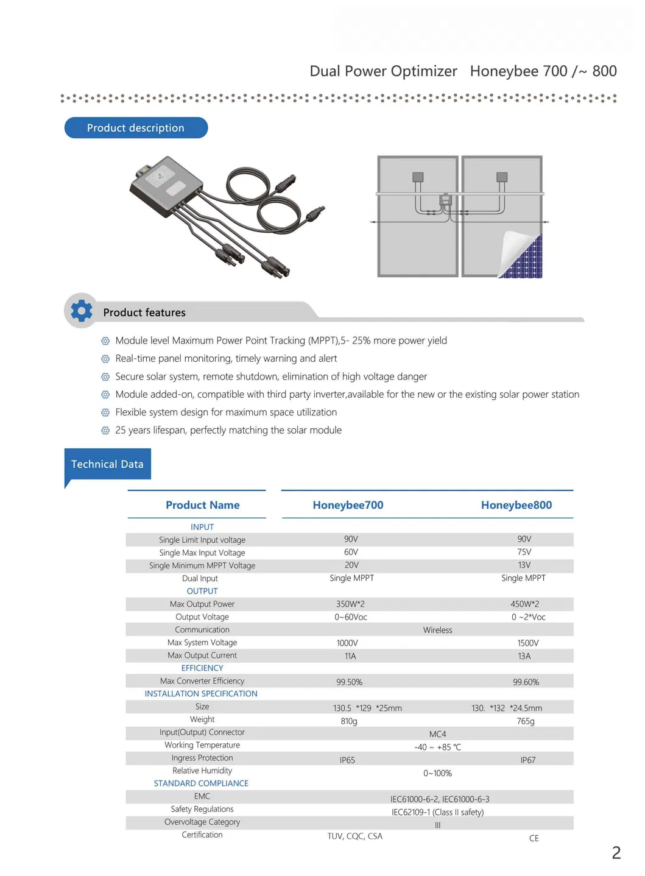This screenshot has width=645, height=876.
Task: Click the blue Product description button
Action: point(136,128)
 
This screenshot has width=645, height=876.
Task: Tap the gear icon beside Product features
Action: point(82,311)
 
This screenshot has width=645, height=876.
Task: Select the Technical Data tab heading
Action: point(107,464)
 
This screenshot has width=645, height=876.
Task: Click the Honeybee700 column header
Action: point(348,505)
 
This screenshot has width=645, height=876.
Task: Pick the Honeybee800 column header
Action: point(516,505)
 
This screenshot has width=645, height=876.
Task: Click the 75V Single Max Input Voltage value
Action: point(524,552)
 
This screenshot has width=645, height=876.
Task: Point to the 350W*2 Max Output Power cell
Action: point(350,604)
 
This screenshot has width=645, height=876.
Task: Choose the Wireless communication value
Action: point(437,630)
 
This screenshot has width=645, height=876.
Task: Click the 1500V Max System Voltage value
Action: point(527,643)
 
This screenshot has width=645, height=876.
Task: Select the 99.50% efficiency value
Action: point(349,682)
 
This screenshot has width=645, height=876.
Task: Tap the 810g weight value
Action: point(348,721)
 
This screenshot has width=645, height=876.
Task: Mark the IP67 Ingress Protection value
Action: point(527,760)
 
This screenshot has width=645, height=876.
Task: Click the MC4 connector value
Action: point(437,734)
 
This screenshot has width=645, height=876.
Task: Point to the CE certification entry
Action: point(534,838)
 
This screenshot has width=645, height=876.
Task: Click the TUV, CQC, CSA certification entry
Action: point(354,836)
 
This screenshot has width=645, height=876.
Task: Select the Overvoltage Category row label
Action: point(202,822)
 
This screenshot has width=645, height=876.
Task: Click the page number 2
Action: point(616,853)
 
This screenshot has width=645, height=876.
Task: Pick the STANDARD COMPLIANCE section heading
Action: point(201,783)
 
